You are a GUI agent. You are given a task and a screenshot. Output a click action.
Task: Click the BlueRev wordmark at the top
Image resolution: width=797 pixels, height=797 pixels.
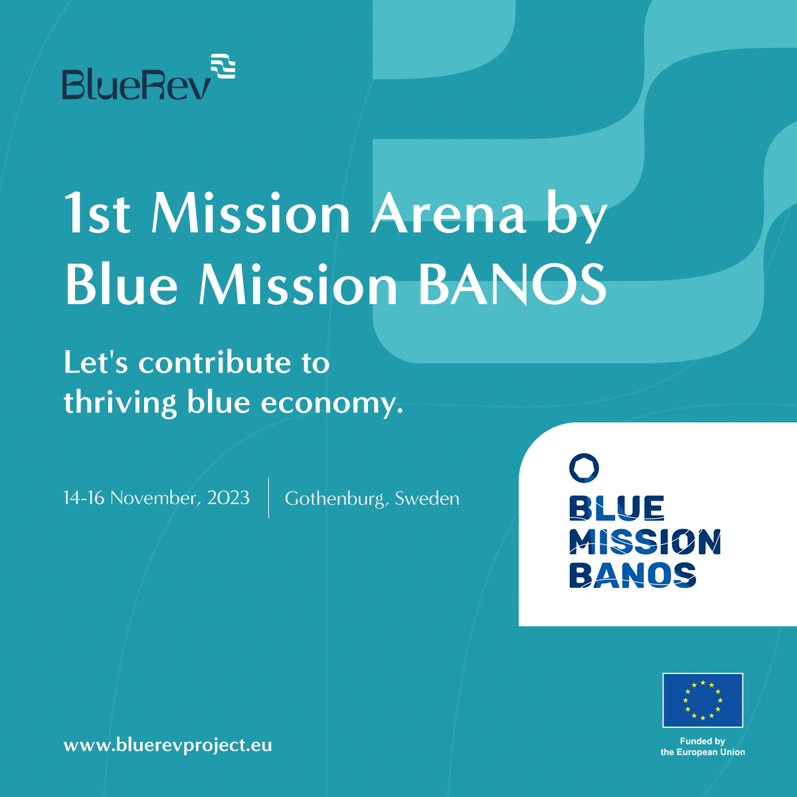click(x=136, y=84)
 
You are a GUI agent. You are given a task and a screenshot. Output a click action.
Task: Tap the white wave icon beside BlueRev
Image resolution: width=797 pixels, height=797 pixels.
click(x=223, y=66)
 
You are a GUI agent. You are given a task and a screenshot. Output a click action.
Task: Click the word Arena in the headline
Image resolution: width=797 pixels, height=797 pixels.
click(x=448, y=215)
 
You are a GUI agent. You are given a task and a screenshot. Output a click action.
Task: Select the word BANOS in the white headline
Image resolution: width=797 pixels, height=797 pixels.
click(x=513, y=285)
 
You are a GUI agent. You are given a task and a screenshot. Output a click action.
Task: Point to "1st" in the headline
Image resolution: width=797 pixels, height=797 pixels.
click(x=97, y=215)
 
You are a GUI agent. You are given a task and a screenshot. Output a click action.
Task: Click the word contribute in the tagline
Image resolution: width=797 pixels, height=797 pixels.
click(x=215, y=363)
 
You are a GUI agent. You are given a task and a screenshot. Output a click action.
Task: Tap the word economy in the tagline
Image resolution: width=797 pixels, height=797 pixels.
click(x=331, y=402)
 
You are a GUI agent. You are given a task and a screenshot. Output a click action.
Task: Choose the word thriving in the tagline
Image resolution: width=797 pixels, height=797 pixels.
click(x=120, y=402)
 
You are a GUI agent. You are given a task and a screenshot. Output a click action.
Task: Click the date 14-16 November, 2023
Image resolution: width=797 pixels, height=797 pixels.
click(x=156, y=497)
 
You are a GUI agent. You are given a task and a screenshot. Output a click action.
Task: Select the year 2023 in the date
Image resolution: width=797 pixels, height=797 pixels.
click(x=228, y=497)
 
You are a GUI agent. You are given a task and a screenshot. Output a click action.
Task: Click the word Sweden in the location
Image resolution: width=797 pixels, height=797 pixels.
click(x=427, y=498)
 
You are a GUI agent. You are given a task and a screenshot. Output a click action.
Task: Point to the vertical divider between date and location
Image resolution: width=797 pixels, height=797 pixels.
click(x=268, y=497)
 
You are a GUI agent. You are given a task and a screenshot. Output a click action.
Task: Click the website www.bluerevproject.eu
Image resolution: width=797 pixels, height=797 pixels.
click(x=167, y=745)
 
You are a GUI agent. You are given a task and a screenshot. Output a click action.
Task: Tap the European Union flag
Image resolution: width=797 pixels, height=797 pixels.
click(x=703, y=700)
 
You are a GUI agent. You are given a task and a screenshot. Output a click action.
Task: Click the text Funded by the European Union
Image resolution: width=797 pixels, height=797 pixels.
click(x=703, y=747)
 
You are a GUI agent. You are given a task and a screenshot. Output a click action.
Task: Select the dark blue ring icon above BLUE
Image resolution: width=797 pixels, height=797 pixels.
click(x=584, y=468)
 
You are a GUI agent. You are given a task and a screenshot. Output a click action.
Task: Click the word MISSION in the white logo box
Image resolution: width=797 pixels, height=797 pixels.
click(x=645, y=542)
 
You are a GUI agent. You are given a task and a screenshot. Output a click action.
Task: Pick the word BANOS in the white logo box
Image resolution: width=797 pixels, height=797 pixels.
click(x=633, y=575)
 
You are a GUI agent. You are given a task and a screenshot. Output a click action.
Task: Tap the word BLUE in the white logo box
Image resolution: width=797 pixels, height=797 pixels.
click(x=616, y=508)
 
